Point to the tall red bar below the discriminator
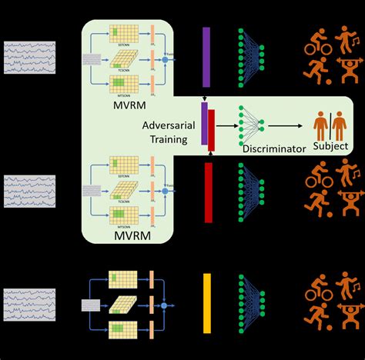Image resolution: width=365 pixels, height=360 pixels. click(x=208, y=192)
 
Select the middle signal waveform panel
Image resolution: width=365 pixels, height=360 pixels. click(x=29, y=190)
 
